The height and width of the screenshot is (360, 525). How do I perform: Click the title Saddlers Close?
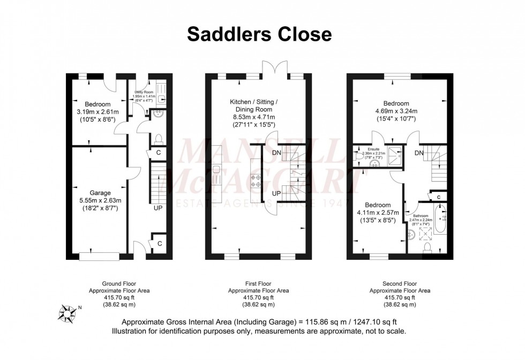259,34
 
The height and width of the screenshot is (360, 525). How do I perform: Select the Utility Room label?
144,92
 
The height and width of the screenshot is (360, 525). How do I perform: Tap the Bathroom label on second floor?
420,216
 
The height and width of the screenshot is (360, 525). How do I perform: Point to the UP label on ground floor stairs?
159,207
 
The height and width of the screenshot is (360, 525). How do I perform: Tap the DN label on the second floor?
419,153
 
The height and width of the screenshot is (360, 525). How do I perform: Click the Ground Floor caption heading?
119,283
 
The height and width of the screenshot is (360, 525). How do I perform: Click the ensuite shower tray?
394,154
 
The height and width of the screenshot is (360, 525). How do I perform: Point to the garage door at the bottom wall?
100,256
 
